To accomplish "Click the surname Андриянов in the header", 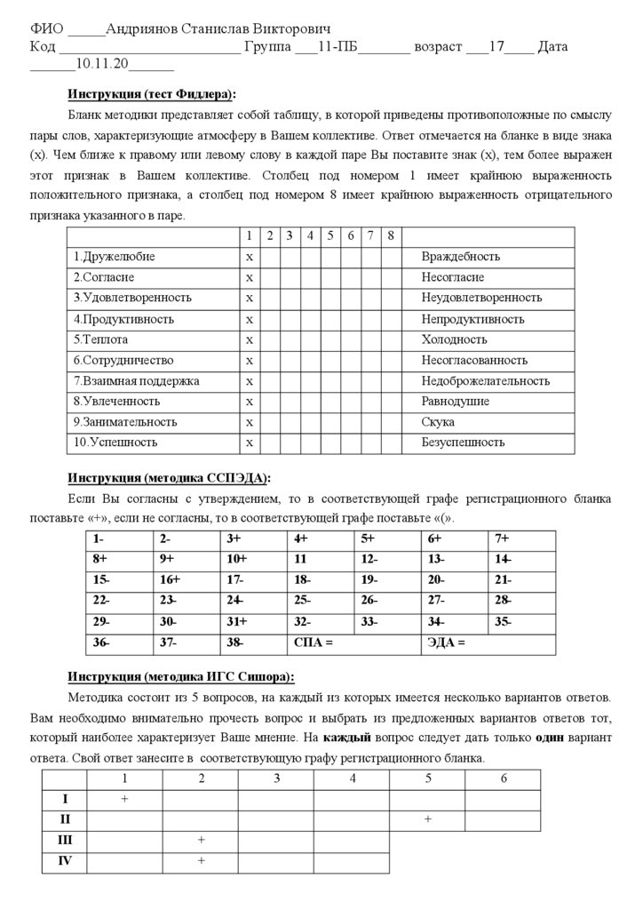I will click(x=142, y=29).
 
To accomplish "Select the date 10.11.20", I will click(x=101, y=64).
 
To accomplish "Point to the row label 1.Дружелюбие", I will click(x=115, y=257).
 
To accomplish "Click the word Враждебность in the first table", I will click(x=460, y=257).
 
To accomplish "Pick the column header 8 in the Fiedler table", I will click(x=391, y=235).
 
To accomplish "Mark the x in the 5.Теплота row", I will click(x=250, y=339).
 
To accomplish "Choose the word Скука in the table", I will click(x=438, y=422).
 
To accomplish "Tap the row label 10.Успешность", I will click(x=115, y=443).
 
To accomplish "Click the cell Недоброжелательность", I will click(x=485, y=380).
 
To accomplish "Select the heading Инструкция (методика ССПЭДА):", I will click(x=169, y=477).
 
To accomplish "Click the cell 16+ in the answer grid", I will click(x=170, y=579).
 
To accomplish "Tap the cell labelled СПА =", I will click(x=314, y=643).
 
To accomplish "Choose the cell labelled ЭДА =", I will click(x=446, y=643).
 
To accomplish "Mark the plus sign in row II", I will click(x=428, y=818).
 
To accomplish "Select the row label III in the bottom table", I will click(x=65, y=840).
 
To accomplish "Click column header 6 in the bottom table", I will click(x=504, y=778).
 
